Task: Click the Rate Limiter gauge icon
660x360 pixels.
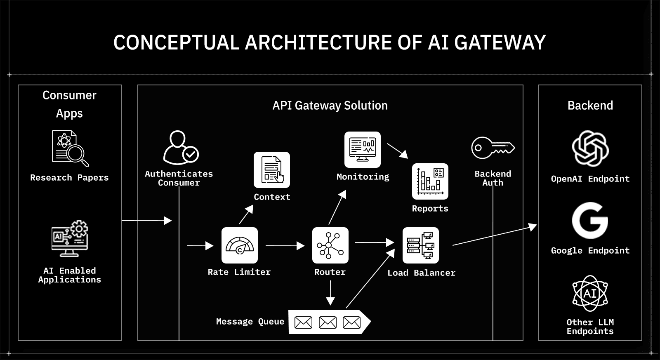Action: [239, 245]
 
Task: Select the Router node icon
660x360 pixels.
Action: [330, 245]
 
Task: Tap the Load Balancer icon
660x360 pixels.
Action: [420, 245]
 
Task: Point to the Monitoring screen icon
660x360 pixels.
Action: [362, 149]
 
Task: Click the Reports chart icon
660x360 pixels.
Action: [430, 181]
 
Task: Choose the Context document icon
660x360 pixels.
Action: [271, 170]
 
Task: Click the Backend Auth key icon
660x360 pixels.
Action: [493, 148]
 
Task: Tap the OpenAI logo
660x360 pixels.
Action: [590, 148]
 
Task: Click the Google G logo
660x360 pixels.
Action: [590, 221]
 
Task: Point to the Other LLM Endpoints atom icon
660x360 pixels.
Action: [590, 293]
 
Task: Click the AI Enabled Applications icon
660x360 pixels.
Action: [70, 239]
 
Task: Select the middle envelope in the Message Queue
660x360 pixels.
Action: [328, 322]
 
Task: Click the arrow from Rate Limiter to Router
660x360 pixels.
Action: [285, 246]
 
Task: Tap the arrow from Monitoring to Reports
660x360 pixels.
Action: [397, 151]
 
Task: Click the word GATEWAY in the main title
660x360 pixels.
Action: [500, 42]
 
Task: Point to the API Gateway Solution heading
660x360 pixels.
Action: [330, 106]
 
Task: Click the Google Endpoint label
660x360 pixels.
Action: [590, 251]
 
